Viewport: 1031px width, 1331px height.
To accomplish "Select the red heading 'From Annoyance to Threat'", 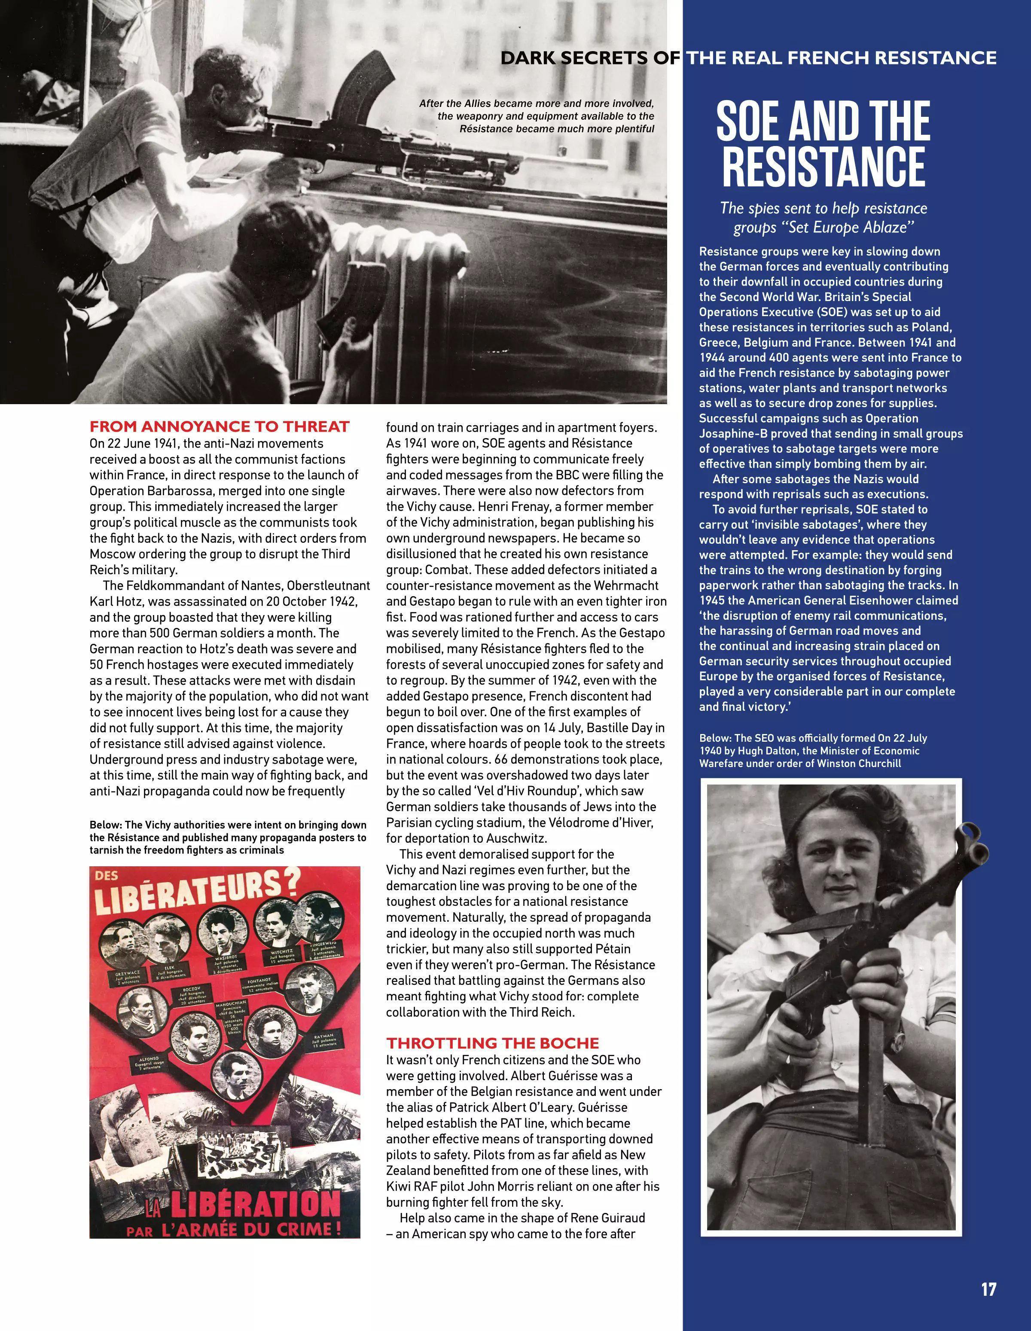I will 220,426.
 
